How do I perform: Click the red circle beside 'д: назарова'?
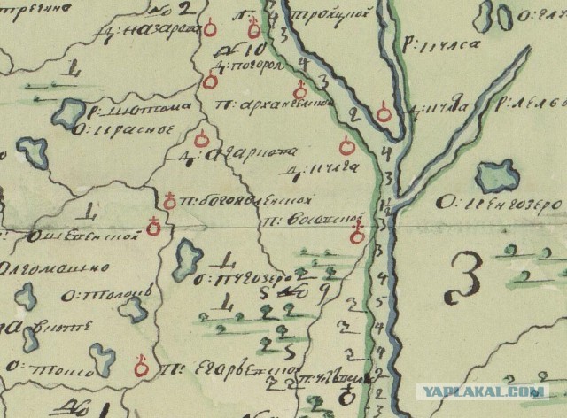pos(210,29)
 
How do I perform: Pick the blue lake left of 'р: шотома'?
pos(70,114)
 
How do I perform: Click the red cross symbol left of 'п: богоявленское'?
pos(167,197)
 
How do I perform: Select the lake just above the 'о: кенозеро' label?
pos(495,176)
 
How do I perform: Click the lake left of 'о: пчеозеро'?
pos(189,259)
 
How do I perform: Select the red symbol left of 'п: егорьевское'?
pos(139,365)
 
